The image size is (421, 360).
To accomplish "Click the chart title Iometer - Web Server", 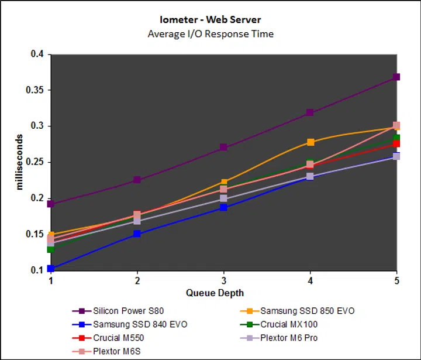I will click(210, 20).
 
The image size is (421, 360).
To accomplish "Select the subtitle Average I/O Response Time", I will click(210, 33).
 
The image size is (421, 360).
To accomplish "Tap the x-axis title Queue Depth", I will click(215, 292).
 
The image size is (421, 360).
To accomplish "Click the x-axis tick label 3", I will click(223, 281).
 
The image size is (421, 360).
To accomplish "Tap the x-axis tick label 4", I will click(310, 281).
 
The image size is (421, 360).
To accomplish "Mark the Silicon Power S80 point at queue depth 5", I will click(396, 77).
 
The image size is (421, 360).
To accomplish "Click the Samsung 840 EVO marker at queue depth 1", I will click(51, 269).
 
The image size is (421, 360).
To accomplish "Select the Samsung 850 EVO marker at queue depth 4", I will click(310, 142).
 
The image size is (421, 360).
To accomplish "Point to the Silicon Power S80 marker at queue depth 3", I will click(223, 148).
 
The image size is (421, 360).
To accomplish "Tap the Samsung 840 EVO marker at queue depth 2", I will click(137, 234).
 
